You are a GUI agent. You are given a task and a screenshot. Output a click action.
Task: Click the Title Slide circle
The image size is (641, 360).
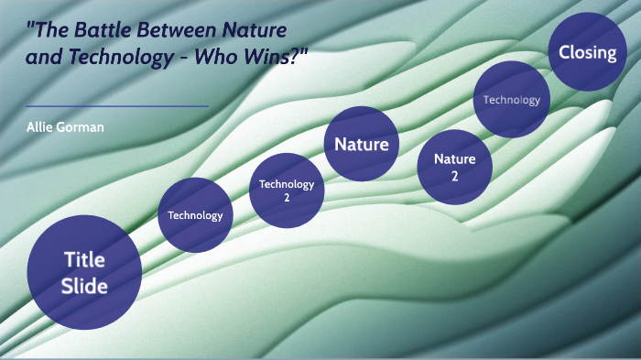pyautogui.click(x=84, y=272)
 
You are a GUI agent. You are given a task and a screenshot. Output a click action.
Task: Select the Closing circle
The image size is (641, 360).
pyautogui.click(x=587, y=52)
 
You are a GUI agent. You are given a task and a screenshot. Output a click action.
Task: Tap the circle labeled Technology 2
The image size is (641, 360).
pyautogui.click(x=287, y=190)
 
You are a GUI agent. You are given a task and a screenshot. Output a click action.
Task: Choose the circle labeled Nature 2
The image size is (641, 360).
pyautogui.click(x=455, y=166)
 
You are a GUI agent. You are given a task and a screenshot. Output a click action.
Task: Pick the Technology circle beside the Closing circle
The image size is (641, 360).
pyautogui.click(x=512, y=100)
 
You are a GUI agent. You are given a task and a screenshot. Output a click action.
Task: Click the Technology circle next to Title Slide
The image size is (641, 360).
pyautogui.click(x=195, y=215)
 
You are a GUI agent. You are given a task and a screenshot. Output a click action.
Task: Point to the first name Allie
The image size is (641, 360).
pyautogui.click(x=41, y=126)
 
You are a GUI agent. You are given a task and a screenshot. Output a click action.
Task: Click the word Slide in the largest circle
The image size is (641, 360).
pyautogui.click(x=84, y=286)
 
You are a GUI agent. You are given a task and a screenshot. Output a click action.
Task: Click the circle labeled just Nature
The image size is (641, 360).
pyautogui.click(x=362, y=144)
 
